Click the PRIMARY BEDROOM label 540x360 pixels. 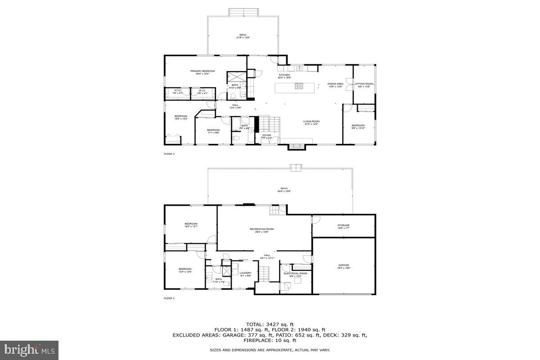[202, 71]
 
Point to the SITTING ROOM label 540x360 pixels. [364, 84]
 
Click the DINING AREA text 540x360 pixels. [335, 84]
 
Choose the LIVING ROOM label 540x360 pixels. [311, 121]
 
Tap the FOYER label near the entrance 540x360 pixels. [267, 135]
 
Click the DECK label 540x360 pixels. [243, 35]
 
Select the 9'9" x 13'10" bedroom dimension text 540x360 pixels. [358, 128]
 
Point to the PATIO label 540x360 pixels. [284, 189]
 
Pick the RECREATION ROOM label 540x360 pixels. [261, 229]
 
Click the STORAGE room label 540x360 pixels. [343, 225]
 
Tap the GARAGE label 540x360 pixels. [344, 265]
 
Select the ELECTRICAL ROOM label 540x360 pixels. [295, 273]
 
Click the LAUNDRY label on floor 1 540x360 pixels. [245, 273]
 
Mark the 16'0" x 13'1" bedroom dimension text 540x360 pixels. [191, 227]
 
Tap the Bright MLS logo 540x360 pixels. [30, 349]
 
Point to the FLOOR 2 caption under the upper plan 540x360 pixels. [169, 154]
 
